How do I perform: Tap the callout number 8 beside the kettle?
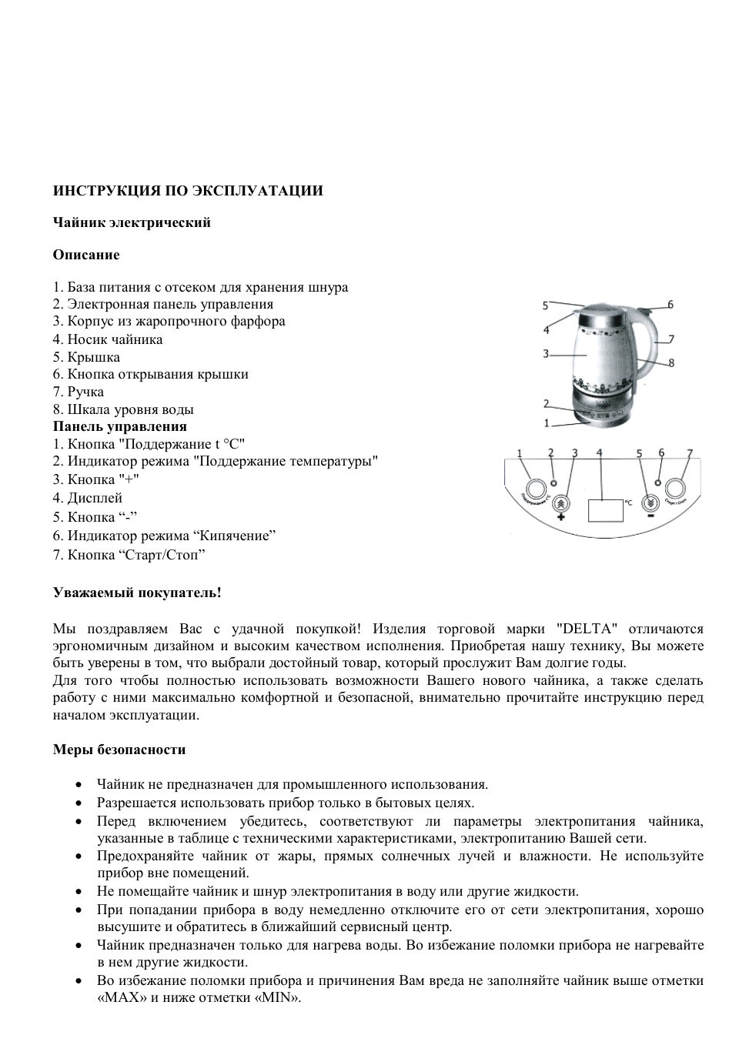[671, 362]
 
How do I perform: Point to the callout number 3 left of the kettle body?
[545, 354]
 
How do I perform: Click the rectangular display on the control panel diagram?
[605, 510]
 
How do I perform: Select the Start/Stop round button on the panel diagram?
[676, 489]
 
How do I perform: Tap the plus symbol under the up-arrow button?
[561, 517]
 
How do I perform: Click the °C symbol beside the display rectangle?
[628, 502]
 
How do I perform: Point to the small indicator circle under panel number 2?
[553, 482]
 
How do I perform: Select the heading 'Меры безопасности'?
[119, 750]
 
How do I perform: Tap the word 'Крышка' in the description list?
[93, 357]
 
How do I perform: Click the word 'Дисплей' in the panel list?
[95, 498]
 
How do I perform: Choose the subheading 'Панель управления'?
[119, 426]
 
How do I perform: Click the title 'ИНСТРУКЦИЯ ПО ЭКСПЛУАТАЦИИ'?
[188, 191]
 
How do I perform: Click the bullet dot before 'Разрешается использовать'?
[79, 803]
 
